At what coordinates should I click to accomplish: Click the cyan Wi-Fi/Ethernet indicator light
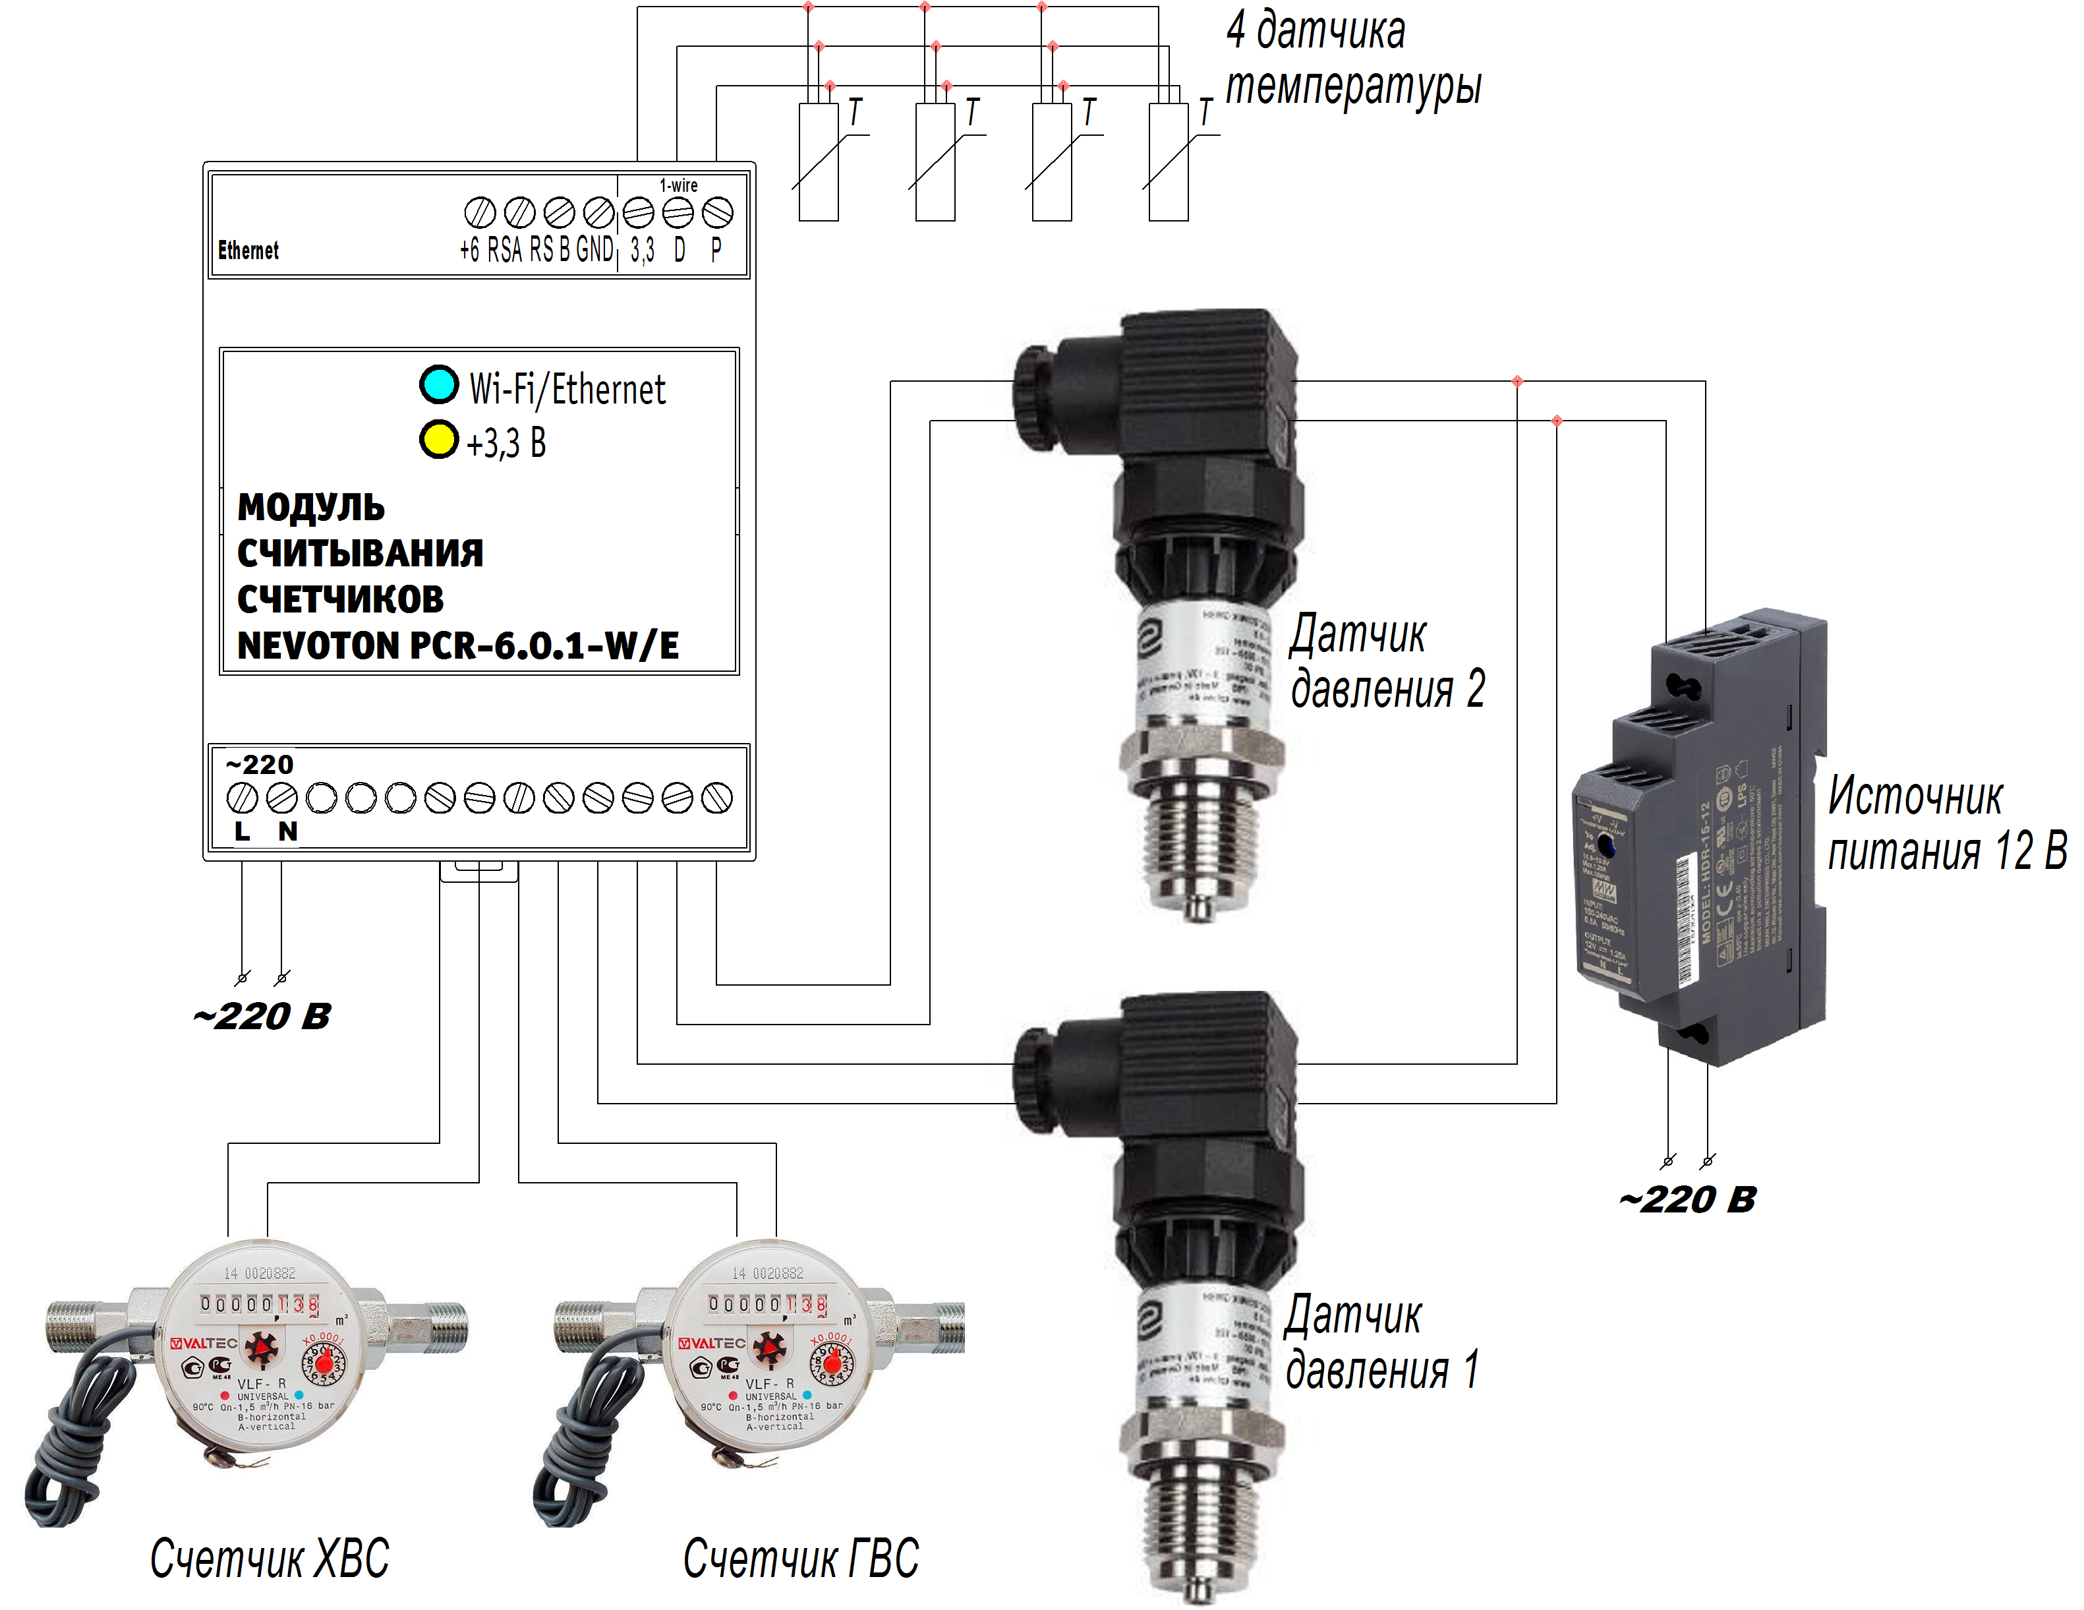point(439,384)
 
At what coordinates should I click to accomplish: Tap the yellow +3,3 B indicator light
point(439,439)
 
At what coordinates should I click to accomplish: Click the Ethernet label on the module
point(248,250)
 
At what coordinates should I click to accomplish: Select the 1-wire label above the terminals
point(678,185)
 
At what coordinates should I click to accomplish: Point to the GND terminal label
point(594,250)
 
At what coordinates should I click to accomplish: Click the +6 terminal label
point(469,250)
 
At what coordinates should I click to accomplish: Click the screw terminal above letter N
point(281,797)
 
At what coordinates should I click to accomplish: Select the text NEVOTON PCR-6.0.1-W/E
point(458,646)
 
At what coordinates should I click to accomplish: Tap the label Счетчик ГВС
point(801,1559)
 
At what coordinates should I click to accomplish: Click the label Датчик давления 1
point(1381,1343)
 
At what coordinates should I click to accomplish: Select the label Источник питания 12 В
point(1947,823)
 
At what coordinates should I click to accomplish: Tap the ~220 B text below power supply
point(1687,1200)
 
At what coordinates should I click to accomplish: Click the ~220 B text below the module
point(262,1017)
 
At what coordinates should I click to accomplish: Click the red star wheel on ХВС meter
point(260,1350)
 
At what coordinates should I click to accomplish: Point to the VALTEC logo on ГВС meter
point(711,1343)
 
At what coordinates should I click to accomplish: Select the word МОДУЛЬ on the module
point(311,507)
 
